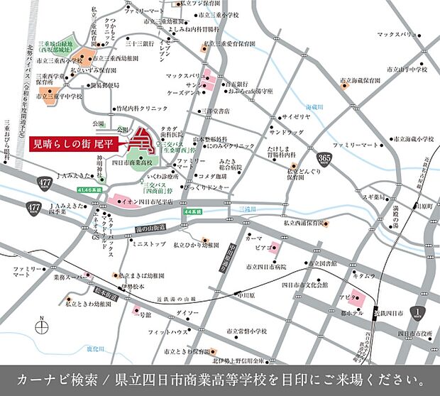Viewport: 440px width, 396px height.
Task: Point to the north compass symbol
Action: point(40,325)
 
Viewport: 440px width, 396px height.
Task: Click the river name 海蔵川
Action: point(314,106)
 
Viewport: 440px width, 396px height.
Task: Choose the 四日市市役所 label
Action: point(416,334)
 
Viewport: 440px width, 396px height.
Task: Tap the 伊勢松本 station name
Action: point(133,287)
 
